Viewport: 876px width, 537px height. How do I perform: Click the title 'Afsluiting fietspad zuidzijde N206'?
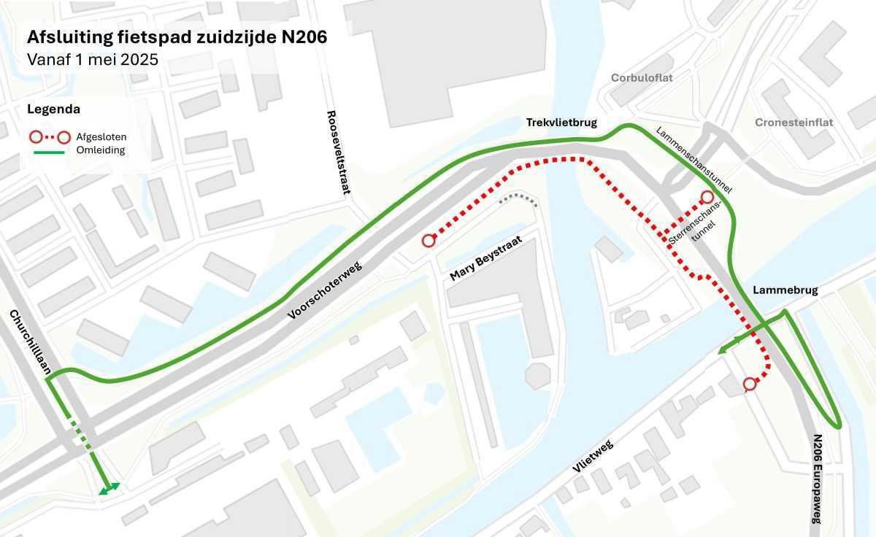177,37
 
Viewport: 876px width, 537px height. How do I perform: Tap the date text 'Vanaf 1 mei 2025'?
93,60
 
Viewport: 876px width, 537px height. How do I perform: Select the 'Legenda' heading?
53,109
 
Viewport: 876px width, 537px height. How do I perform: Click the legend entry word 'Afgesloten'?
101,136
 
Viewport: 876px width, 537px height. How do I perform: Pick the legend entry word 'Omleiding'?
101,150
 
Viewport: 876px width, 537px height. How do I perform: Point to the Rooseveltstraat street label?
337,152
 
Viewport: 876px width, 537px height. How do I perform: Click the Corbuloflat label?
642,77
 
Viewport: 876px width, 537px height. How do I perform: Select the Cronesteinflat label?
794,123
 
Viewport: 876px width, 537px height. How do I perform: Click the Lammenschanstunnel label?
693,160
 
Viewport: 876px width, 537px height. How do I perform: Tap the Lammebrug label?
785,290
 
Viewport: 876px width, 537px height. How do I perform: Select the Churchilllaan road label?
30,342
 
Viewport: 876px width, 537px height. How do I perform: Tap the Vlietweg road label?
592,456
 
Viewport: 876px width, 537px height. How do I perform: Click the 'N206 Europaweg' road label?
817,478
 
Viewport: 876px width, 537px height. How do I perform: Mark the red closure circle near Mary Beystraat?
429,241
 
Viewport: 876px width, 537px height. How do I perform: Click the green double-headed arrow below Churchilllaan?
109,489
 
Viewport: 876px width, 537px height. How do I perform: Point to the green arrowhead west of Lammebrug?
723,350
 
